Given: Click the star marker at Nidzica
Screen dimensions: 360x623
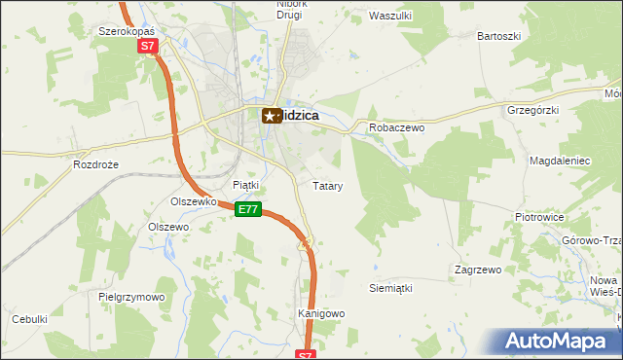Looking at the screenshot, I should [270, 116].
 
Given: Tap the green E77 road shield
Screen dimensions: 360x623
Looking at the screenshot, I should [249, 209].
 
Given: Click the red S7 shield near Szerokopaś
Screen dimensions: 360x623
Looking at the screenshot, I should [146, 46].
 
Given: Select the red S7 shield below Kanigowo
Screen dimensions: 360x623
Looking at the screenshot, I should [306, 354].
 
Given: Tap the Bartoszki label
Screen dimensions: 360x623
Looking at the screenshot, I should [498, 36].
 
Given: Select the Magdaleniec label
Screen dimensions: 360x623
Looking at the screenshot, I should [559, 159].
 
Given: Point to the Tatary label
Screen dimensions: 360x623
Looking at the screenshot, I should [326, 185].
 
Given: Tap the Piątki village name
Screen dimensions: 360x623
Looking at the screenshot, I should [246, 184].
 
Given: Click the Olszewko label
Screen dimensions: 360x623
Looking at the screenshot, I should [192, 201].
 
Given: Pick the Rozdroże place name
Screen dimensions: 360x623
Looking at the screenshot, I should [95, 164].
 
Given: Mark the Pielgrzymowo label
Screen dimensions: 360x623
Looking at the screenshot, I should [132, 296].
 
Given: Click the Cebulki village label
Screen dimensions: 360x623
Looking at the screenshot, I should [29, 319].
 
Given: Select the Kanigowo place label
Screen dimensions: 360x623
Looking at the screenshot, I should [321, 313].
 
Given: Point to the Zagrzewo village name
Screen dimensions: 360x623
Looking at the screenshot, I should [477, 269].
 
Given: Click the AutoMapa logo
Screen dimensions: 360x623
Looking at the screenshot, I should [561, 341].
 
